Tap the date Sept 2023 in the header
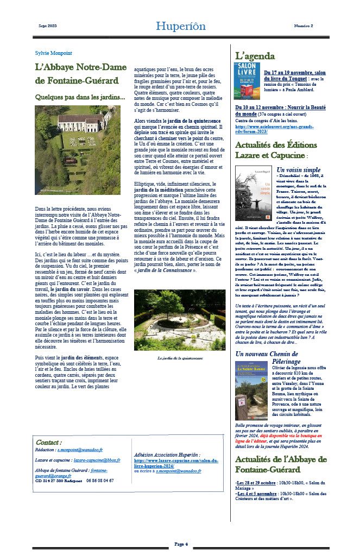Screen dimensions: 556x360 tap(48, 26)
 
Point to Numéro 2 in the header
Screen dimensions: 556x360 tap(304, 26)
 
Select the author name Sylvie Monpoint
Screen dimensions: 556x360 tap(53, 53)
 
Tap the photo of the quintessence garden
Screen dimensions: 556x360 tap(179, 320)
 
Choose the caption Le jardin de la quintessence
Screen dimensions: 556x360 tap(179, 358)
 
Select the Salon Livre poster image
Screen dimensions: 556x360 tap(247, 80)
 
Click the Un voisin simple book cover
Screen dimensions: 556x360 tap(249, 193)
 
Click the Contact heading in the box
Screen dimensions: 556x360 tap(49, 443)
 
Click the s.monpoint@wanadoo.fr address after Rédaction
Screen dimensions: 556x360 tap(80, 451)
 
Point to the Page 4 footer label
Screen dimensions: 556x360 tap(181, 544)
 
